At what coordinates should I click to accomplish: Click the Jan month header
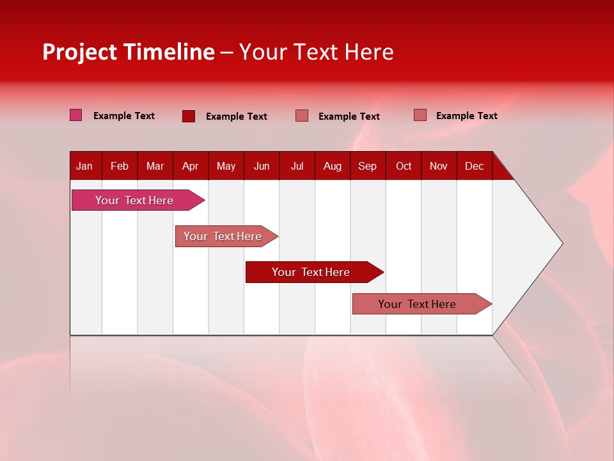pyautogui.click(x=84, y=166)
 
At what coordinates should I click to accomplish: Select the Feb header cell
pyautogui.click(x=120, y=166)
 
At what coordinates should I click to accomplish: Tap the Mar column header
pyautogui.click(x=155, y=166)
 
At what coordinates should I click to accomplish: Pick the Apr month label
pyautogui.click(x=191, y=166)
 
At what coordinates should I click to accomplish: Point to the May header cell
pyautogui.click(x=226, y=166)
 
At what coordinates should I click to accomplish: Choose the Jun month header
pyautogui.click(x=262, y=166)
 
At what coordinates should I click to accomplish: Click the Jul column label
pyautogui.click(x=297, y=166)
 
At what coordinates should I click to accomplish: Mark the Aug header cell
pyautogui.click(x=333, y=166)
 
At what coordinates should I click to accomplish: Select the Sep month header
pyautogui.click(x=368, y=166)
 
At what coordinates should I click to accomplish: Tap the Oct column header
pyautogui.click(x=404, y=166)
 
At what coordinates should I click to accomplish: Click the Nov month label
pyautogui.click(x=439, y=166)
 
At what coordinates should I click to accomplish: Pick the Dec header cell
pyautogui.click(x=475, y=166)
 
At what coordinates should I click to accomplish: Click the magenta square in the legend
pyautogui.click(x=76, y=115)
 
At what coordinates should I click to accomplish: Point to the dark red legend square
pyautogui.click(x=189, y=116)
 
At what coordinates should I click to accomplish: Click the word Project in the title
pyautogui.click(x=80, y=52)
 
